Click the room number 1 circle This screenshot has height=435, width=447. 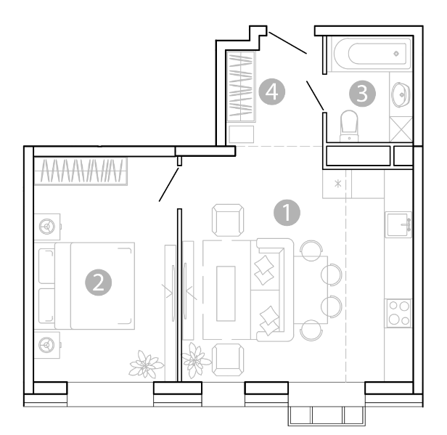tap(287, 213)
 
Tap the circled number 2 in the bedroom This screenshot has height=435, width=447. tap(99, 282)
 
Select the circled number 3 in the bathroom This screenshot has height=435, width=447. tap(362, 93)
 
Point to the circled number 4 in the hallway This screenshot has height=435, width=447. tap(271, 92)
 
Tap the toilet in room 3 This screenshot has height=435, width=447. tap(349, 126)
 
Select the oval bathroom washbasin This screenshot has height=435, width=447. tap(401, 94)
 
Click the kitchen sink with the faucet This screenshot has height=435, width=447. tap(398, 224)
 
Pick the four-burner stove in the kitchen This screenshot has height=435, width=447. tap(399, 313)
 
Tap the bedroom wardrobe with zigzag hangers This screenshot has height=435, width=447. tap(81, 171)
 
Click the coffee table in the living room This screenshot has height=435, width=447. tap(226, 293)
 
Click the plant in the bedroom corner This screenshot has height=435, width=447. tap(147, 365)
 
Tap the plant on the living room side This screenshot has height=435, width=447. tap(196, 360)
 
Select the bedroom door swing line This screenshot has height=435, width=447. tap(169, 184)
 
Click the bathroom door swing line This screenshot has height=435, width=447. tap(315, 96)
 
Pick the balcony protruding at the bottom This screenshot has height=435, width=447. tap(327, 416)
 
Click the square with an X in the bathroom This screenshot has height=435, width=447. tap(401, 129)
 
